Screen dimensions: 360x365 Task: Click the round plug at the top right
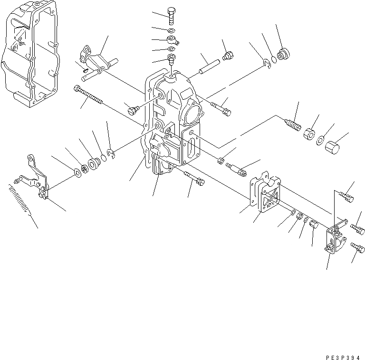tap(284, 54)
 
